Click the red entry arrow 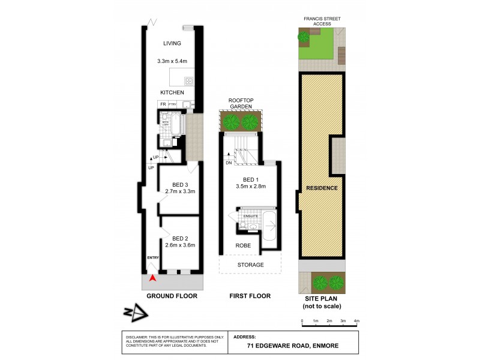(152, 278)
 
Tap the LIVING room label (172, 44)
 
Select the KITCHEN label (172, 92)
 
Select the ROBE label (242, 245)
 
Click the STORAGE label (250, 264)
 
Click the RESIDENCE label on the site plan (322, 188)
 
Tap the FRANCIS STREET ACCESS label (322, 21)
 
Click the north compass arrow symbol (135, 312)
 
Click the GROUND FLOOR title (172, 296)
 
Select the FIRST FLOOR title (250, 296)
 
